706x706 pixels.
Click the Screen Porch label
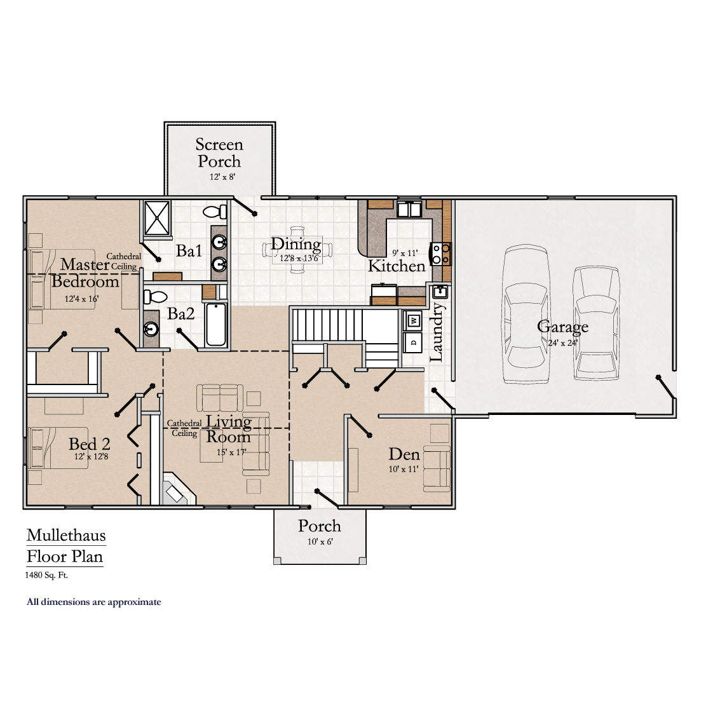[x=219, y=153]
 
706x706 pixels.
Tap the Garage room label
[x=562, y=327]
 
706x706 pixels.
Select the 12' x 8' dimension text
[x=222, y=177]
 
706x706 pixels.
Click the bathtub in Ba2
[x=216, y=325]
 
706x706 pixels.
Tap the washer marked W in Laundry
[x=413, y=320]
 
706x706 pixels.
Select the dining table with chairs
[x=297, y=253]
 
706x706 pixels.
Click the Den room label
[x=404, y=454]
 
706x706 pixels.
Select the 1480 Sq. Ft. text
[x=47, y=575]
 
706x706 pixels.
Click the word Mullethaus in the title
[x=66, y=535]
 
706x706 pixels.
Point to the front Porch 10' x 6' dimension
[x=320, y=542]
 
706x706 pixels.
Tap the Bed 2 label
[x=90, y=444]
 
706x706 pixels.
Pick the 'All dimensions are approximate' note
[x=94, y=602]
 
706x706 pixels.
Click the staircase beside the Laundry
[x=328, y=325]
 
